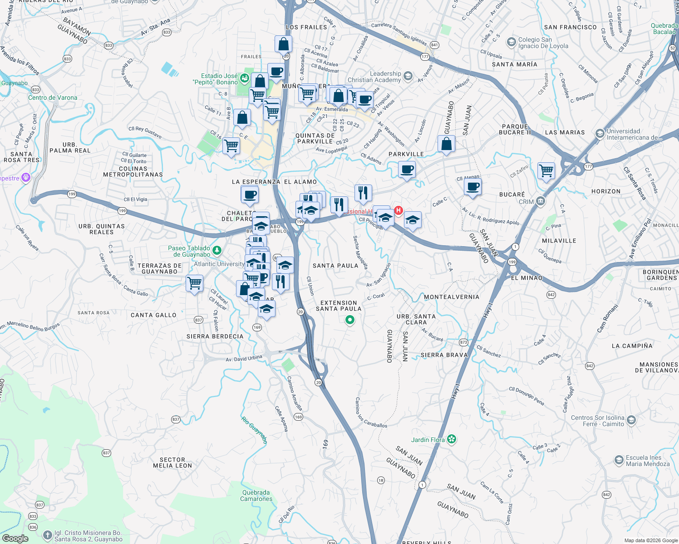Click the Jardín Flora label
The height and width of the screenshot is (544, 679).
pyautogui.click(x=428, y=440)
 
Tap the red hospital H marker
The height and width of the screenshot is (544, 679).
pyautogui.click(x=399, y=210)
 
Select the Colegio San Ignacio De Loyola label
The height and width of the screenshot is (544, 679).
pyautogui.click(x=543, y=43)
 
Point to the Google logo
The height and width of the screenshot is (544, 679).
pyautogui.click(x=15, y=539)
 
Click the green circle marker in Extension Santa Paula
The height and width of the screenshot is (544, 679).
pyautogui.click(x=349, y=320)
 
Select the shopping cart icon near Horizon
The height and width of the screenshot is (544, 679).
pyautogui.click(x=546, y=171)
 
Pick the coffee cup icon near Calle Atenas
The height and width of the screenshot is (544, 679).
pyautogui.click(x=472, y=187)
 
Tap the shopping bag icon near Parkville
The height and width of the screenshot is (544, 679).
pyautogui.click(x=446, y=144)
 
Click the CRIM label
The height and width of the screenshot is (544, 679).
pyautogui.click(x=526, y=202)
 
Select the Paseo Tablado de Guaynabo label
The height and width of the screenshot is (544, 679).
pyautogui.click(x=189, y=251)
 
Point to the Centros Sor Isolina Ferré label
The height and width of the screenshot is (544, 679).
pyautogui.click(x=597, y=421)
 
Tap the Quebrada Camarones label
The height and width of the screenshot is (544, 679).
pyautogui.click(x=256, y=495)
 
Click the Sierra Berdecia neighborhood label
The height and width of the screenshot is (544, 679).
pyautogui.click(x=215, y=336)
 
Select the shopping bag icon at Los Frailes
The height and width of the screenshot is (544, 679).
pyautogui.click(x=283, y=44)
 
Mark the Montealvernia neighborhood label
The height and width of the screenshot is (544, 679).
pyautogui.click(x=451, y=297)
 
